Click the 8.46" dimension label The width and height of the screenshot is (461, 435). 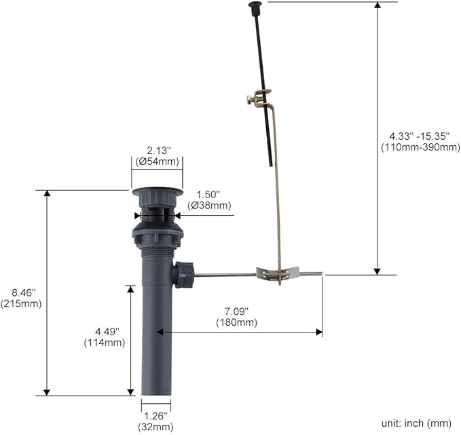click(24, 292)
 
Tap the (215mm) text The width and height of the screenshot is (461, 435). click(21, 303)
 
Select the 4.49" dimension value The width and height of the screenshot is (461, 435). click(107, 332)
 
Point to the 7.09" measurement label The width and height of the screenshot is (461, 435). click(236, 311)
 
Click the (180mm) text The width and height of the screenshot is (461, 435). click(236, 322)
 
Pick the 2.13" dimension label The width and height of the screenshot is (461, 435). click(159, 151)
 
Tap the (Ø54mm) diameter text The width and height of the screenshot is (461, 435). click(158, 162)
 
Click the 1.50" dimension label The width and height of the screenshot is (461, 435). click(208, 194)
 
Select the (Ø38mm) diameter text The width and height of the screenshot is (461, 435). click(209, 205)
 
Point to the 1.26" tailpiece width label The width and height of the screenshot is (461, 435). click(155, 416)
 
